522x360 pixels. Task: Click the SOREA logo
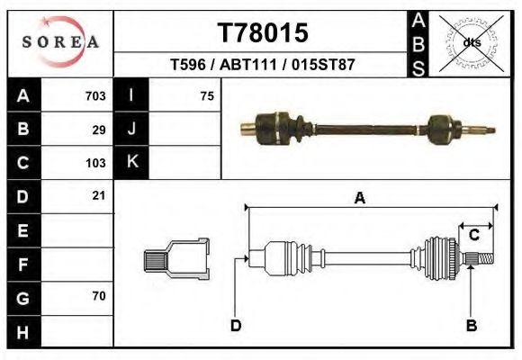click(x=60, y=42)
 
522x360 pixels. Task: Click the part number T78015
click(x=263, y=32)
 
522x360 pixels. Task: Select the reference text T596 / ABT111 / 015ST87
click(x=263, y=66)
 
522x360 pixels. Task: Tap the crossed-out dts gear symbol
click(x=470, y=41)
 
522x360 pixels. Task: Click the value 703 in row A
click(x=94, y=96)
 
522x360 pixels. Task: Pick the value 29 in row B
click(x=99, y=130)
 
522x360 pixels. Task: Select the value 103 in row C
click(x=94, y=163)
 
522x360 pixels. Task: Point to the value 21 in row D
click(x=99, y=195)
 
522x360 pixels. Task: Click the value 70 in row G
click(x=99, y=295)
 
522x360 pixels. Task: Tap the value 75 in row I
click(x=207, y=96)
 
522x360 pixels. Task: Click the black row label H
click(x=23, y=330)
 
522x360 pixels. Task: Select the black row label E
click(x=23, y=230)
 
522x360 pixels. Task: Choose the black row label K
click(x=132, y=163)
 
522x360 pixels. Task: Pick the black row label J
click(x=132, y=130)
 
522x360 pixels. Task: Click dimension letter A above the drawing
click(x=360, y=199)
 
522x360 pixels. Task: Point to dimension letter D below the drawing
click(x=236, y=326)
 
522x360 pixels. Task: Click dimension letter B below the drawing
click(x=471, y=326)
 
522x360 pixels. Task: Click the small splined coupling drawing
click(x=176, y=259)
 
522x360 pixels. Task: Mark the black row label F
click(x=23, y=264)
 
